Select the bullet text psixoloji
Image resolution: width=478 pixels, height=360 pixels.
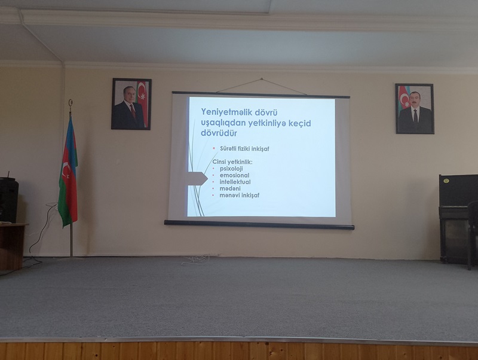tap(231, 169)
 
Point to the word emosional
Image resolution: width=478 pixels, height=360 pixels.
tap(234, 175)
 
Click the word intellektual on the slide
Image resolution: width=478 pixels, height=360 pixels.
tap(235, 182)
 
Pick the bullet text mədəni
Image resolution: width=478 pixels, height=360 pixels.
tap(230, 188)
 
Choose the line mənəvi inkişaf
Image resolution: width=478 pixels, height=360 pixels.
tap(240, 196)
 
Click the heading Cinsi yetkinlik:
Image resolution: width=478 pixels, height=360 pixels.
tap(232, 162)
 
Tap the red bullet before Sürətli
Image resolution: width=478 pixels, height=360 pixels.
tap(214, 148)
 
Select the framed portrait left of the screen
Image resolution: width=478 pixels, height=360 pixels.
tap(131, 104)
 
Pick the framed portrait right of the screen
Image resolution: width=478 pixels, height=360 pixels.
tap(415, 109)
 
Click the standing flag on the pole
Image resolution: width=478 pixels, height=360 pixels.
tap(68, 171)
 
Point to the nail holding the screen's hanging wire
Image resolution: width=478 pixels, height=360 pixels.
tap(261, 79)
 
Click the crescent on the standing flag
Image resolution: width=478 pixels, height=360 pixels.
tap(66, 170)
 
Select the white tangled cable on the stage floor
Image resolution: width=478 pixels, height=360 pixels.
tap(196, 260)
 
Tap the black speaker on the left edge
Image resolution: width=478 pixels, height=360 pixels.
tap(8, 199)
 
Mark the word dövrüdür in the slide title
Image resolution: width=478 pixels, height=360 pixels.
tap(219, 133)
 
